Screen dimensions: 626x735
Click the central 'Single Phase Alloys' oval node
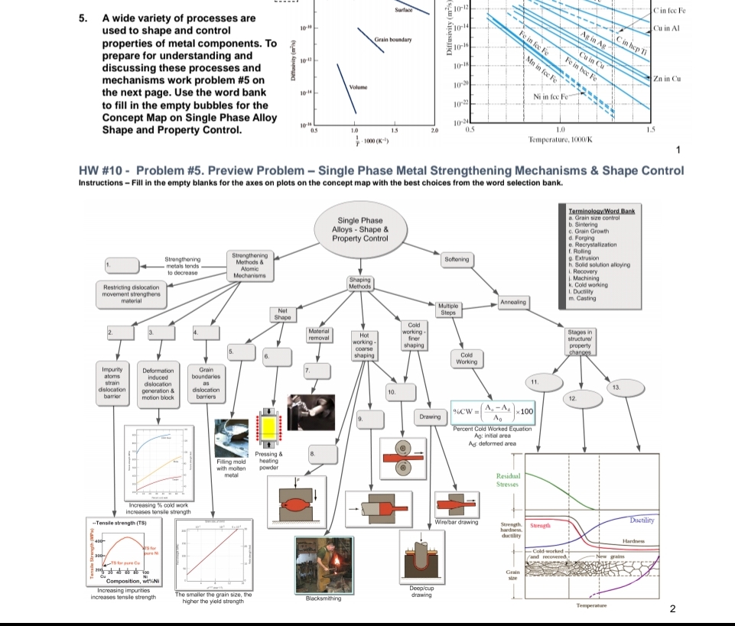360,230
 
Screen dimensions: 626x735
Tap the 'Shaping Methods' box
359,283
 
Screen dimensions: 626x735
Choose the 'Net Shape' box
282,314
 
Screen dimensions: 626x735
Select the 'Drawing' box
429,417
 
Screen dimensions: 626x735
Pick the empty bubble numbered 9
369,420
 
